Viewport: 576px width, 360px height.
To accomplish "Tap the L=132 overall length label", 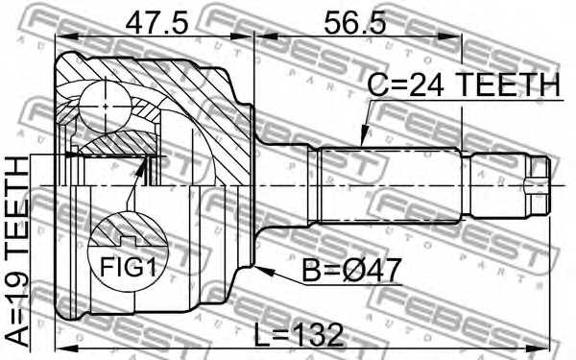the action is pyautogui.click(x=299, y=335).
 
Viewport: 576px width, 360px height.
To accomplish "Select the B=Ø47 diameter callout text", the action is pyautogui.click(x=350, y=270).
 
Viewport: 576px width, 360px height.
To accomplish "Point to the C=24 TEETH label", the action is pyautogui.click(x=464, y=84).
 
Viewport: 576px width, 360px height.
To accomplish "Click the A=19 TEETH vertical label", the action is pyautogui.click(x=17, y=251).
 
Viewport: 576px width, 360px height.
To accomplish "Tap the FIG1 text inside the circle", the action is pyautogui.click(x=128, y=267).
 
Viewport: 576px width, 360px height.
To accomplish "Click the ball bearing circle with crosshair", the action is pyautogui.click(x=105, y=107).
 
